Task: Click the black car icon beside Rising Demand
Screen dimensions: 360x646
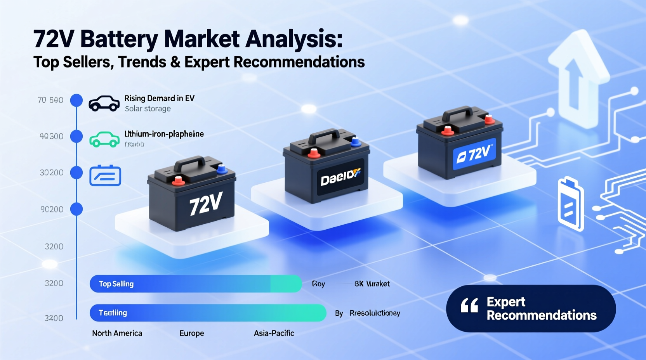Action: click(x=104, y=104)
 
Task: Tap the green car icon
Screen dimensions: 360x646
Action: click(x=104, y=140)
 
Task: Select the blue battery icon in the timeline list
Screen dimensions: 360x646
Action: click(x=105, y=175)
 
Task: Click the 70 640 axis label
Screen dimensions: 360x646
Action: click(x=50, y=100)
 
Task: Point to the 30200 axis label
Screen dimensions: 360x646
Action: click(x=52, y=173)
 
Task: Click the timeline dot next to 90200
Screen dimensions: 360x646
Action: click(x=76, y=209)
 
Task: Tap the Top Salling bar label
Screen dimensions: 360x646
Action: click(x=116, y=284)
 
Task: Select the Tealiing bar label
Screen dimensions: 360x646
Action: click(x=113, y=313)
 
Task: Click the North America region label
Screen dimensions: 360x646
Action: click(x=117, y=333)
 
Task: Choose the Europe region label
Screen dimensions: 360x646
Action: click(x=192, y=333)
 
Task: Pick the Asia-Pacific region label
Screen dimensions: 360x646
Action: click(x=274, y=333)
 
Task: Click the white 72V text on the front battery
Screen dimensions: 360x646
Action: click(x=206, y=204)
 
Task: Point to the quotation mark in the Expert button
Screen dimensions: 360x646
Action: click(x=469, y=306)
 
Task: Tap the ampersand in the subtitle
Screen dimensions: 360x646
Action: click(x=175, y=62)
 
